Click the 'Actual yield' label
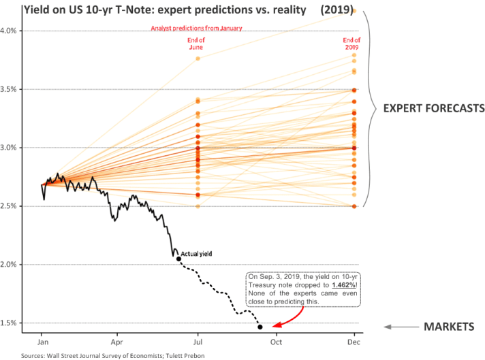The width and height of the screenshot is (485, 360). pyautogui.click(x=197, y=253)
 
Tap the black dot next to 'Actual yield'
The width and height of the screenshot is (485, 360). pyautogui.click(x=178, y=259)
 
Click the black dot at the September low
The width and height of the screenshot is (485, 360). pyautogui.click(x=260, y=327)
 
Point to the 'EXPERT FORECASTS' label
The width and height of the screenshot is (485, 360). pyautogui.click(x=433, y=108)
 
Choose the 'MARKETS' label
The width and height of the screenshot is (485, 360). pyautogui.click(x=449, y=327)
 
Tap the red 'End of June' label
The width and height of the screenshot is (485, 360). pyautogui.click(x=196, y=44)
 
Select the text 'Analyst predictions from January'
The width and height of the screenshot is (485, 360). pyautogui.click(x=196, y=29)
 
